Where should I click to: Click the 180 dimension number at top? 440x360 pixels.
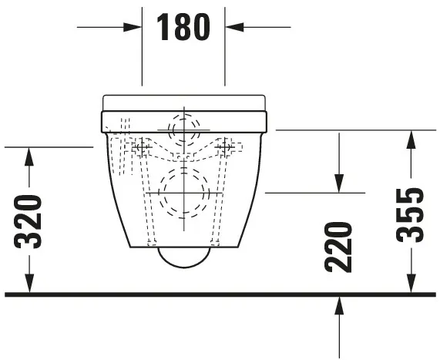click(x=183, y=27)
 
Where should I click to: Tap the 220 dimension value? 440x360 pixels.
click(x=338, y=246)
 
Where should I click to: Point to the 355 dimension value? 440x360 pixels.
click(x=412, y=214)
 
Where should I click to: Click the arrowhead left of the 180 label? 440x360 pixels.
click(x=134, y=27)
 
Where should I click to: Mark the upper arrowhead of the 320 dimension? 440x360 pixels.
click(x=29, y=155)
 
